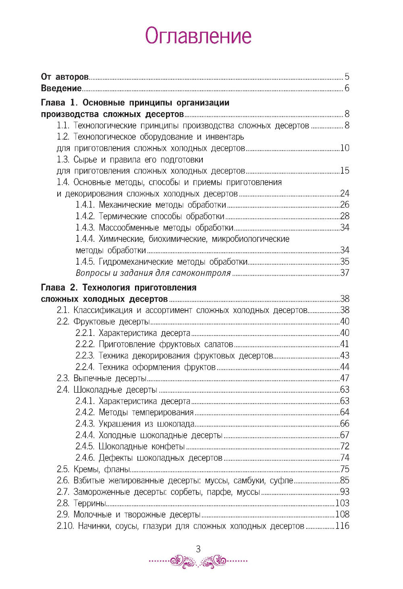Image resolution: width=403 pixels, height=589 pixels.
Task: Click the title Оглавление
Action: click(198, 36)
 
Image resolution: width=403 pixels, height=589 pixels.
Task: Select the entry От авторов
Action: click(64, 77)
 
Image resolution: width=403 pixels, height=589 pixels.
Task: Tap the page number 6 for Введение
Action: click(347, 88)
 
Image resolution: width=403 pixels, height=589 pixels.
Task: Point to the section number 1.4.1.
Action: click(85, 205)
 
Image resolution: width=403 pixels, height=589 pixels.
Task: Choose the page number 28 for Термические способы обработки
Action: click(345, 216)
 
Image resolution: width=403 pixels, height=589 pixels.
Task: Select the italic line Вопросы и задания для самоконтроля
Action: click(153, 273)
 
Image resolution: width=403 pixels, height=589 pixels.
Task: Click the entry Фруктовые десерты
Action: click(112, 321)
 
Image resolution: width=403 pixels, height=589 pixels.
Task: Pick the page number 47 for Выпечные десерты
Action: click(345, 378)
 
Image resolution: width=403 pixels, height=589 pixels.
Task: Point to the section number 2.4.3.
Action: click(85, 424)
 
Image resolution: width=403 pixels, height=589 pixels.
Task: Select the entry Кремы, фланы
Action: click(102, 469)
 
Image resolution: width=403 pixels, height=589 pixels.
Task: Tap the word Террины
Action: click(89, 503)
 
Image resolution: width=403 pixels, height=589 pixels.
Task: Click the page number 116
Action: click(342, 525)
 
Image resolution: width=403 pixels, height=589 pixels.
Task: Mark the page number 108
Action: click(342, 514)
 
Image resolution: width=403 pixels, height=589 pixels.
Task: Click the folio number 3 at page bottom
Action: click(198, 549)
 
